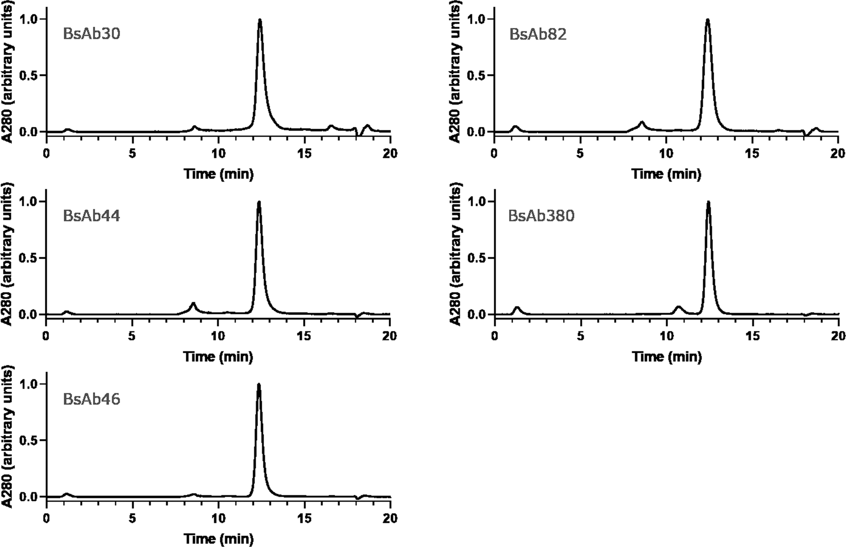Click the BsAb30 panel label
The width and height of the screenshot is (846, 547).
point(92,34)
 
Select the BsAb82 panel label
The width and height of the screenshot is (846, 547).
point(537,34)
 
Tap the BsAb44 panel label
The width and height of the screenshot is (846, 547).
point(92,216)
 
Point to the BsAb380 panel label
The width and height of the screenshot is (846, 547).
point(541,216)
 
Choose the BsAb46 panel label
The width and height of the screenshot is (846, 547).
point(92,399)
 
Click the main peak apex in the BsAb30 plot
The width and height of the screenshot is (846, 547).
point(260,20)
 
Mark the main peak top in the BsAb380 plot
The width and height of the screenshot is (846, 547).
point(708,202)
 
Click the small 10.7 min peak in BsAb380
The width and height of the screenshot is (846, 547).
point(678,307)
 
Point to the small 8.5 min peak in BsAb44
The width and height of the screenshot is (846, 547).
point(193,303)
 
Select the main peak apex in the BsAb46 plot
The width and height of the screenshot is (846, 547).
point(259,385)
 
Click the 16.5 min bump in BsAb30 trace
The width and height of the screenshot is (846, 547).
point(331,126)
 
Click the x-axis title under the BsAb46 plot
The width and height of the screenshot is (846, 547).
point(219,539)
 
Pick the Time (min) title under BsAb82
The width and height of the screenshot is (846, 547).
point(667,174)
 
